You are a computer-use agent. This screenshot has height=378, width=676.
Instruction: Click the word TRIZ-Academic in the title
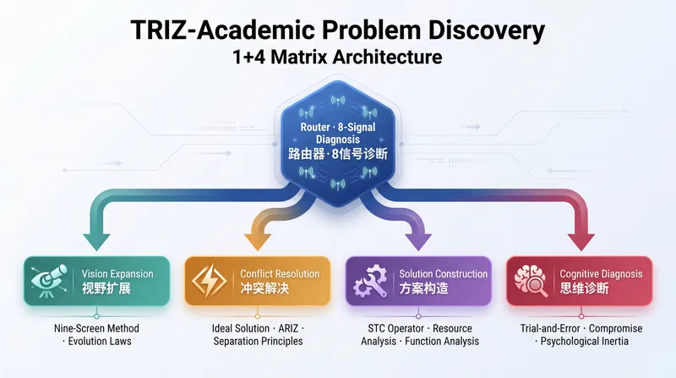tap(223, 30)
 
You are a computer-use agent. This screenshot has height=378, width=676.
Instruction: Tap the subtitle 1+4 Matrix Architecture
tap(337, 58)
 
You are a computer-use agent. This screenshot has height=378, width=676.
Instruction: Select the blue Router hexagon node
tap(338, 143)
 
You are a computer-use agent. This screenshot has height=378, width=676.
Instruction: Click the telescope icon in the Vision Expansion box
tap(50, 281)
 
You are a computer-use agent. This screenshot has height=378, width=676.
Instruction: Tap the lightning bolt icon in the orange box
tap(209, 281)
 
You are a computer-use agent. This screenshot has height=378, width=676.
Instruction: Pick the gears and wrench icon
tap(370, 281)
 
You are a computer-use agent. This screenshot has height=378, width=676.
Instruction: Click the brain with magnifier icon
tap(532, 281)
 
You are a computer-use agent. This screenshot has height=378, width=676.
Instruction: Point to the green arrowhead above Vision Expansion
tap(96, 242)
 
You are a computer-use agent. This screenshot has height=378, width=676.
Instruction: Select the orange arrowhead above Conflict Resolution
tap(258, 242)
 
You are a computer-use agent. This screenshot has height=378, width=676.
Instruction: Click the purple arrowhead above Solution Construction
tap(417, 242)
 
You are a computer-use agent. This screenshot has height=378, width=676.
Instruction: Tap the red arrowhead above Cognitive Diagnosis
tap(581, 242)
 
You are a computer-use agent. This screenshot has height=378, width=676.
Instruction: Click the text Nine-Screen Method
tap(96, 328)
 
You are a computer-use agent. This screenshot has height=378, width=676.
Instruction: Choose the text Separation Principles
tap(259, 342)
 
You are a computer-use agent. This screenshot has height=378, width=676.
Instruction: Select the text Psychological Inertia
tap(585, 342)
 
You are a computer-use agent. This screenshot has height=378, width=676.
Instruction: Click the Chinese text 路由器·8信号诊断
tap(338, 154)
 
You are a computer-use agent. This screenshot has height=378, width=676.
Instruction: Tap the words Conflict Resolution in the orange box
tap(280, 274)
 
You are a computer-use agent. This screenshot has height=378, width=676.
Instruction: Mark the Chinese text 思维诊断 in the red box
tap(584, 288)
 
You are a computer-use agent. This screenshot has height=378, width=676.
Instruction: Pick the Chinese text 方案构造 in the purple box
tap(424, 288)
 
